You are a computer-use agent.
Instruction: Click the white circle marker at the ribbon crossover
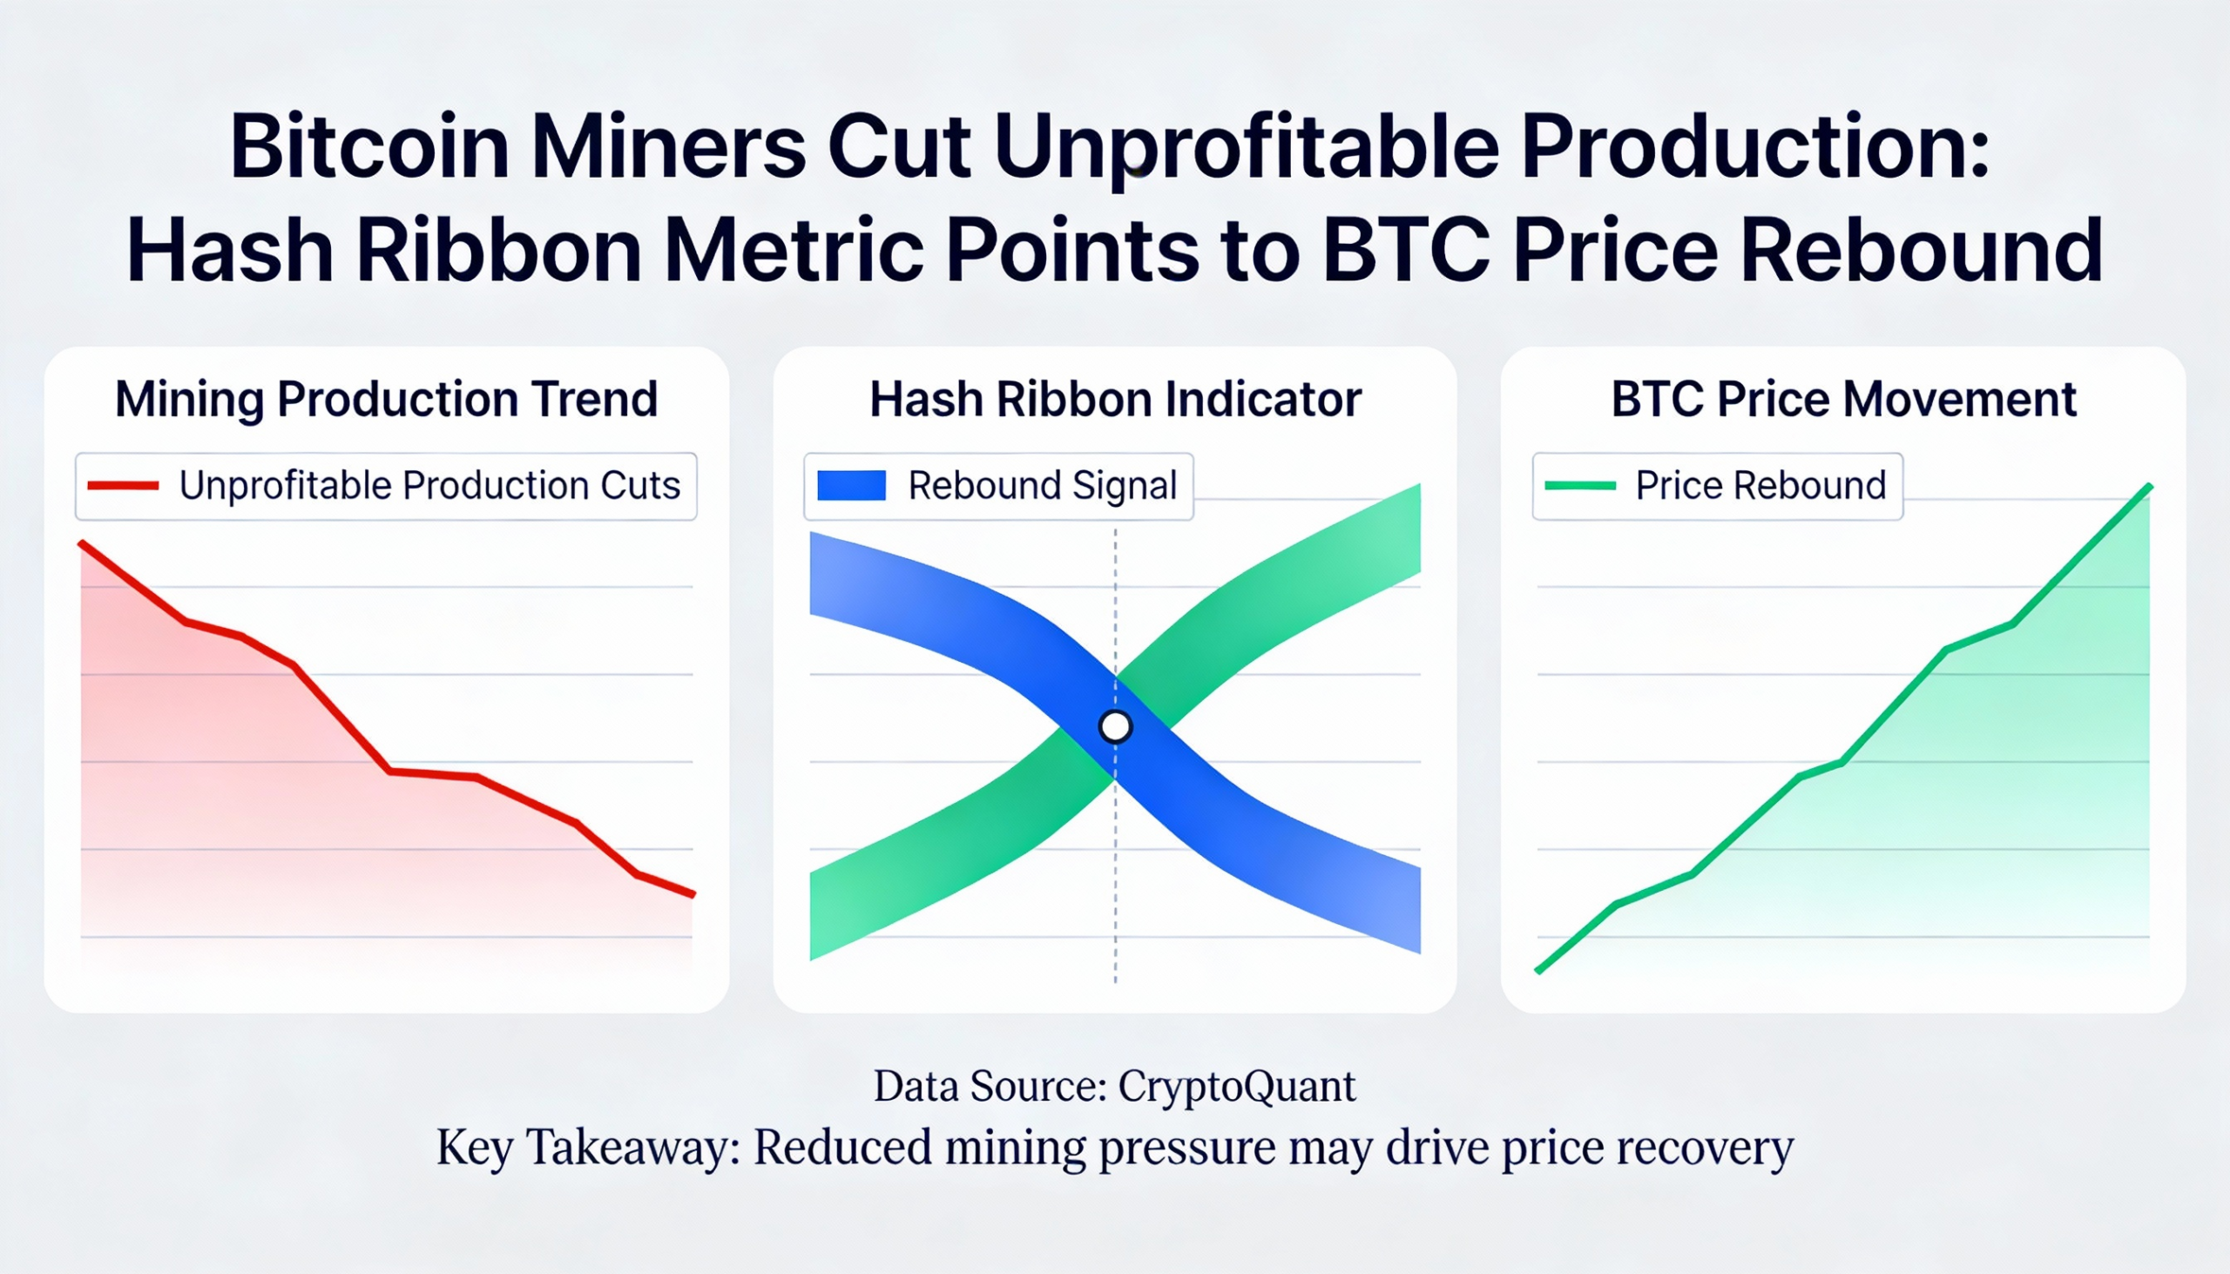point(1115,726)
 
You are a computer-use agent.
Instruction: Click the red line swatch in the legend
point(124,486)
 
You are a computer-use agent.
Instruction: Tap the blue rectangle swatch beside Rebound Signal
point(851,486)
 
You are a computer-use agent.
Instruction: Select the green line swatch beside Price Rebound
point(1580,486)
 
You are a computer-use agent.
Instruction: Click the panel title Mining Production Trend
point(386,400)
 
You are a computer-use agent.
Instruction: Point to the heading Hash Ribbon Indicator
point(1115,400)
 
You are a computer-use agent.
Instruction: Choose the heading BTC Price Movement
point(1843,400)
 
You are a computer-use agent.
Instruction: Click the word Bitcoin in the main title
point(368,147)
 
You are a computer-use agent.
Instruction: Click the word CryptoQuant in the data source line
point(1236,1087)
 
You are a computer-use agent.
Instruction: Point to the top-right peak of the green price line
point(2148,488)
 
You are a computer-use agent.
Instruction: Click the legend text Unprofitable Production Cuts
point(429,486)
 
